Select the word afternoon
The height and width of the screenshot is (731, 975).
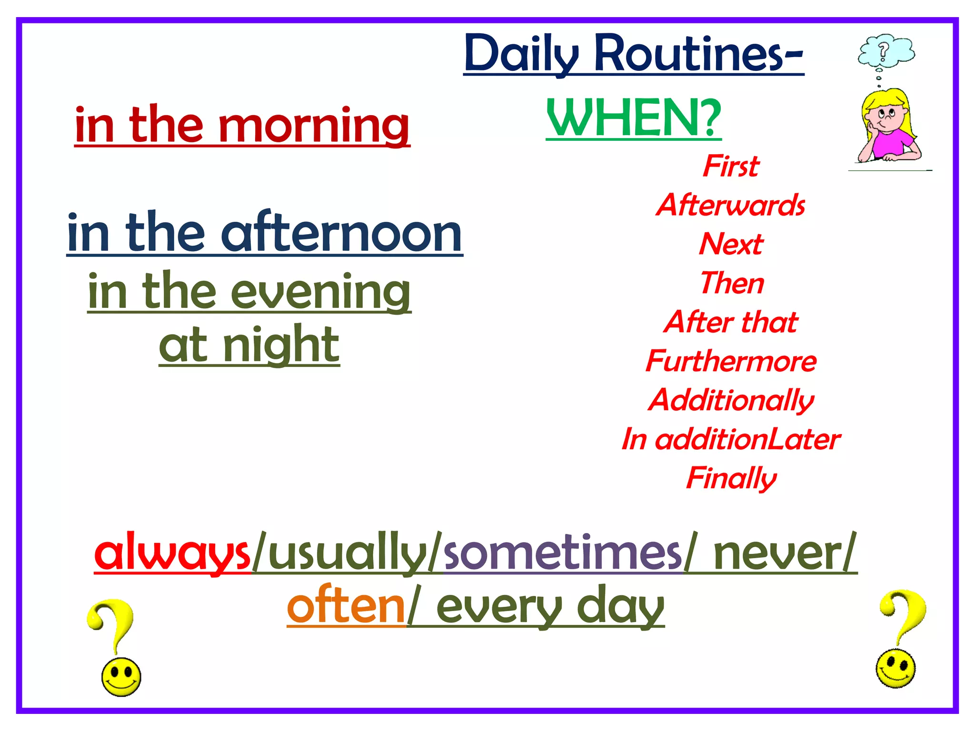[341, 233]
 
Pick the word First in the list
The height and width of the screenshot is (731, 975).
[731, 166]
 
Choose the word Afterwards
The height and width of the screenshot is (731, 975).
[730, 205]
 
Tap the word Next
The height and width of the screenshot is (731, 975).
[731, 244]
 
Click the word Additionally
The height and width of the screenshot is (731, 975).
[731, 400]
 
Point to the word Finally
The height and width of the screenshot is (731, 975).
[731, 478]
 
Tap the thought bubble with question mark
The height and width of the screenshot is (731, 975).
[885, 50]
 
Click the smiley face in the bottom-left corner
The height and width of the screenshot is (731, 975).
[121, 676]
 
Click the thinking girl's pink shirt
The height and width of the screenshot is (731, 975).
[893, 143]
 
